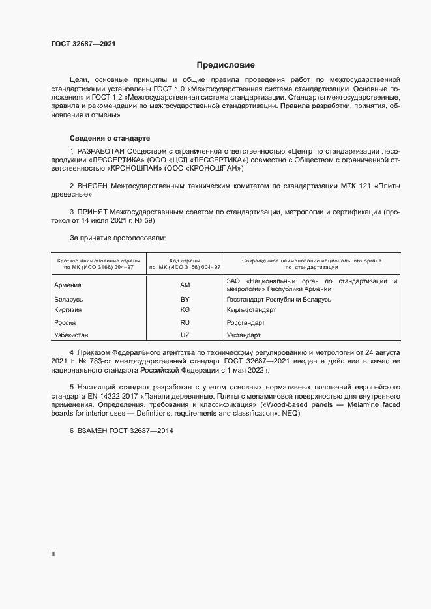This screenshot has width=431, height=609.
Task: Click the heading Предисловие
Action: point(226,65)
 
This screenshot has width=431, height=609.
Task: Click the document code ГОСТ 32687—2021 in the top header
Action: point(84,44)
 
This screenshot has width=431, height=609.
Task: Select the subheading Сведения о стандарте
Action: point(110,139)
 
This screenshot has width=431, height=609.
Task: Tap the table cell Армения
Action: point(68,285)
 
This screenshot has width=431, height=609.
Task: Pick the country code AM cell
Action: point(185,285)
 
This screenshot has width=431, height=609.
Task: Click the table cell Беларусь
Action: point(69,300)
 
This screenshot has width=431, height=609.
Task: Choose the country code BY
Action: point(185,300)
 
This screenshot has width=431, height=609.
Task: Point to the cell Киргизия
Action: point(69,311)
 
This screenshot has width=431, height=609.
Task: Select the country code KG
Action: point(185,311)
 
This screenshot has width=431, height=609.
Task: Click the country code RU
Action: point(185,323)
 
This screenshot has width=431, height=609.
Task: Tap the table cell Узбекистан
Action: point(72,335)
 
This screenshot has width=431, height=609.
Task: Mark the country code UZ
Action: point(185,335)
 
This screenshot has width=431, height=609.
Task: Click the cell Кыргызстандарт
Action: point(251,311)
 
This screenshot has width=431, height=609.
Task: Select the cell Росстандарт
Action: point(245,323)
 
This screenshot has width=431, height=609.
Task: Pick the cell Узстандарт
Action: point(243,335)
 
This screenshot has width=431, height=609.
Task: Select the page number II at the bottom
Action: point(53,554)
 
